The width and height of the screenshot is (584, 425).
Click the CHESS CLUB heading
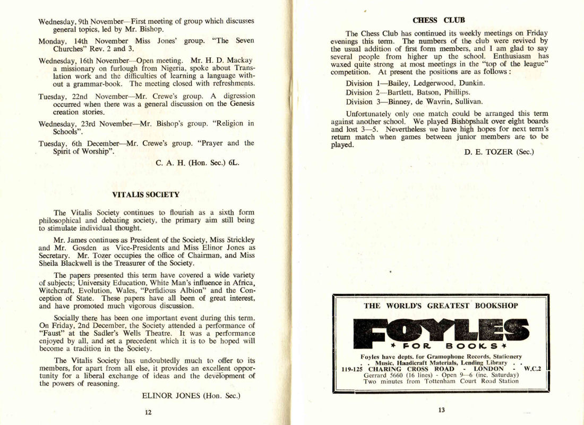(x=439, y=20)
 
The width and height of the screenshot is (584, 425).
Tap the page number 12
(x=148, y=411)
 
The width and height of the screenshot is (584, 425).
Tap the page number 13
(x=441, y=410)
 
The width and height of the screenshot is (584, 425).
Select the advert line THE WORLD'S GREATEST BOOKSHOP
(x=440, y=306)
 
